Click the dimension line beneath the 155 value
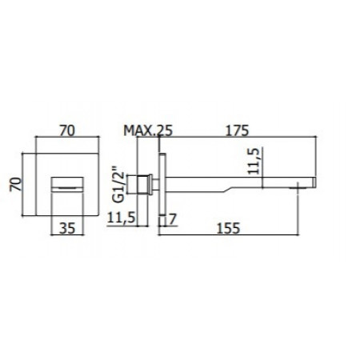[231, 234]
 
